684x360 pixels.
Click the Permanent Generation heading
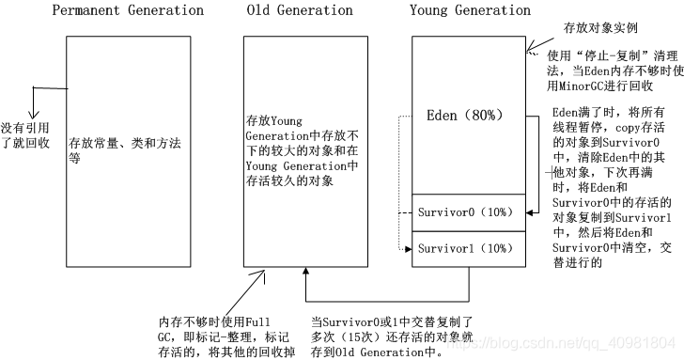click(x=127, y=10)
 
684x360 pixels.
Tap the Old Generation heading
click(x=300, y=10)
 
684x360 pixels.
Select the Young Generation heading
click(x=470, y=10)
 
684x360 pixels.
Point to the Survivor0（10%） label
click(x=465, y=212)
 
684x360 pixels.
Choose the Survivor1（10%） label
click(x=465, y=248)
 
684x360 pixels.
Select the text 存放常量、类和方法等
click(x=125, y=152)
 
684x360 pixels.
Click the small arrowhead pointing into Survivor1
click(x=409, y=249)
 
